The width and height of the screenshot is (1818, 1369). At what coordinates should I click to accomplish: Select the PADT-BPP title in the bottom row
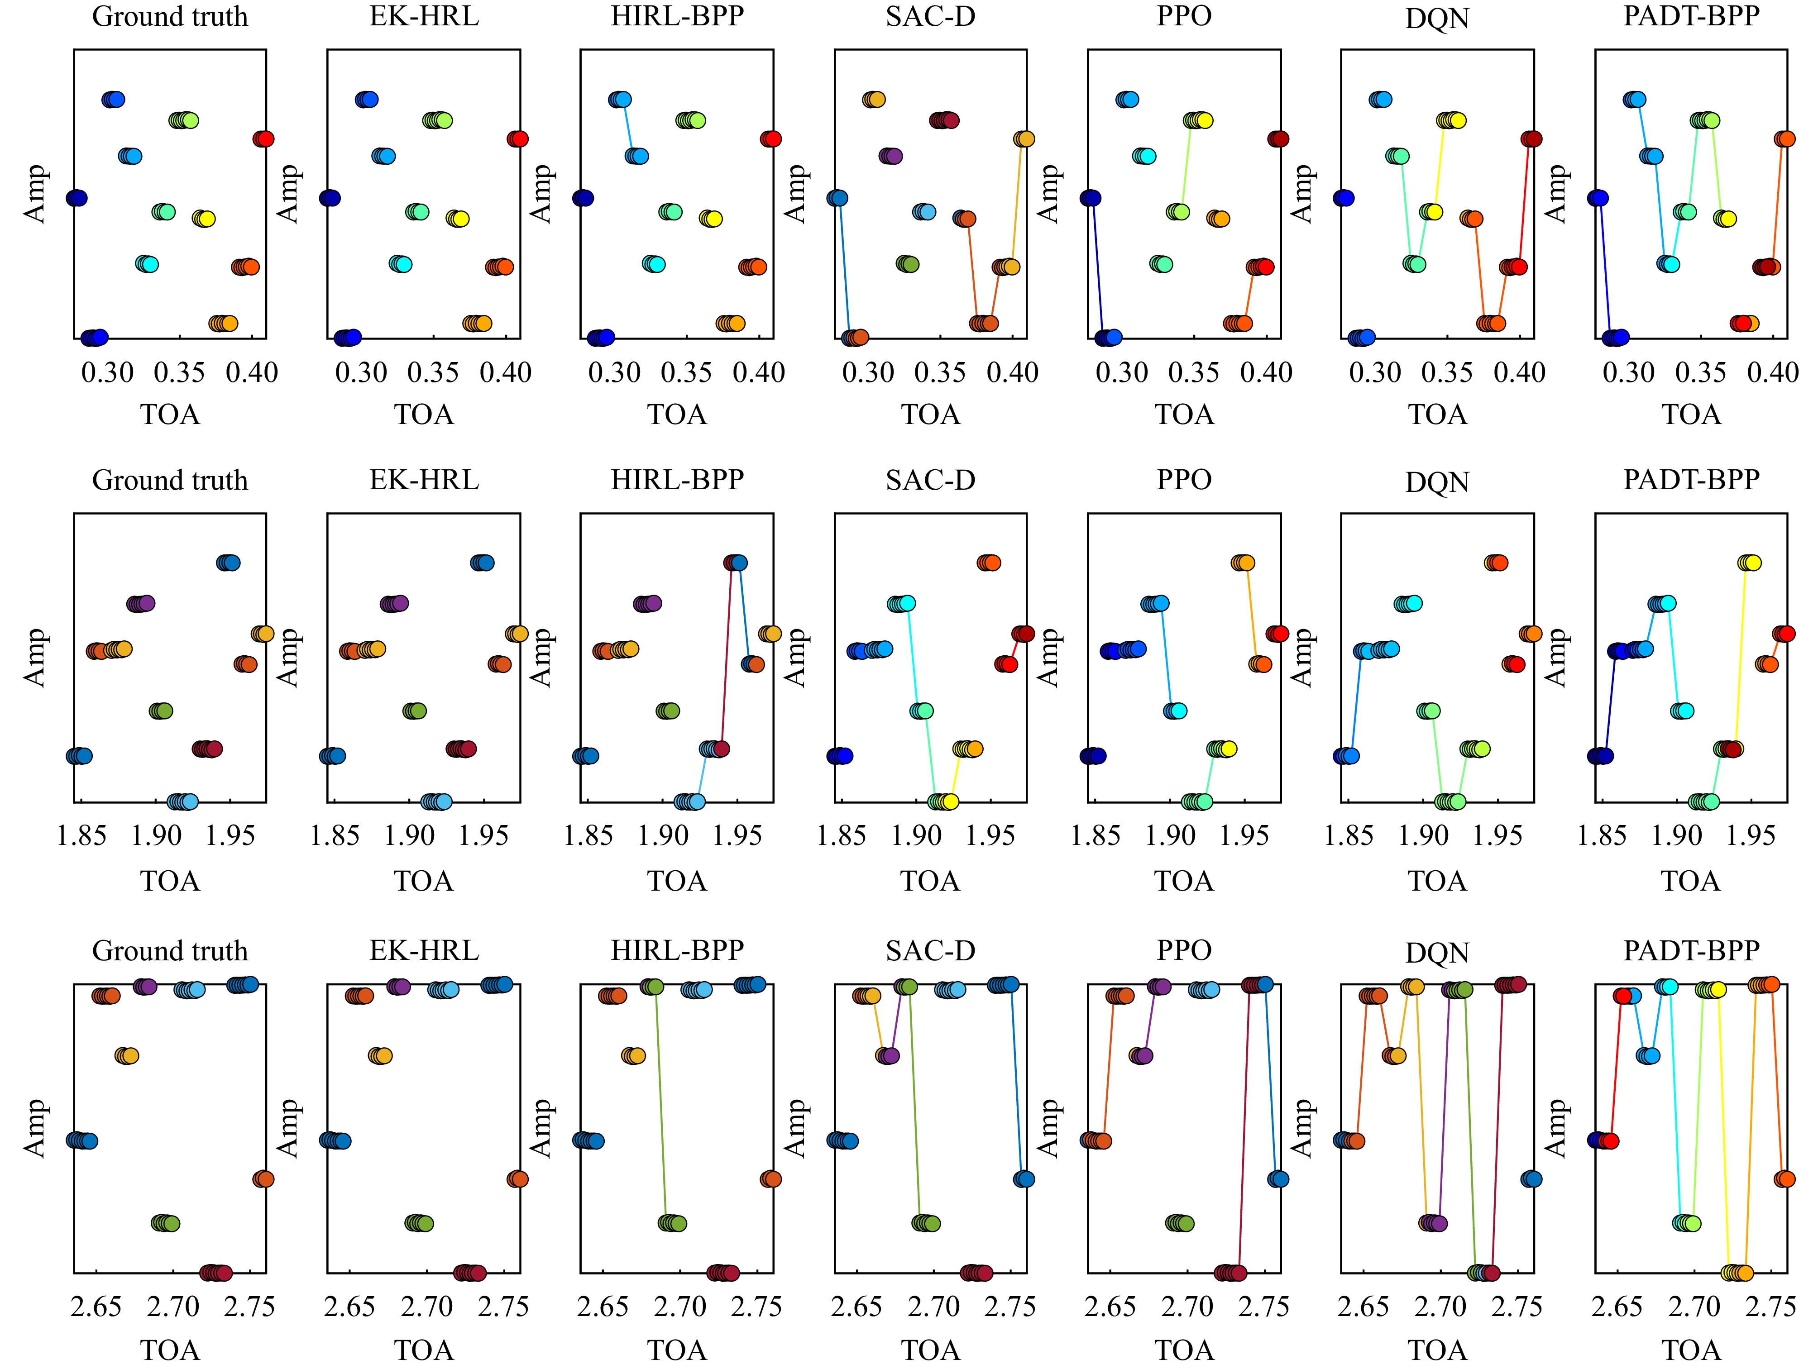[x=1691, y=951]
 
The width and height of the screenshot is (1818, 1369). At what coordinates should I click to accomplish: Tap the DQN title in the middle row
[x=1437, y=482]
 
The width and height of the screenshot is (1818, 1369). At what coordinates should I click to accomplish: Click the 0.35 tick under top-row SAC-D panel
[x=940, y=373]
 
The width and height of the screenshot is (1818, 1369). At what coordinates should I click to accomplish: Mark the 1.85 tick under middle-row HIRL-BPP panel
[x=588, y=836]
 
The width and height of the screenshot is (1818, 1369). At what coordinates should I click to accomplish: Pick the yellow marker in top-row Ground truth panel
[x=206, y=219]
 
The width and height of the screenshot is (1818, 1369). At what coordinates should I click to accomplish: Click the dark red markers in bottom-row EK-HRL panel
[x=470, y=1273]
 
